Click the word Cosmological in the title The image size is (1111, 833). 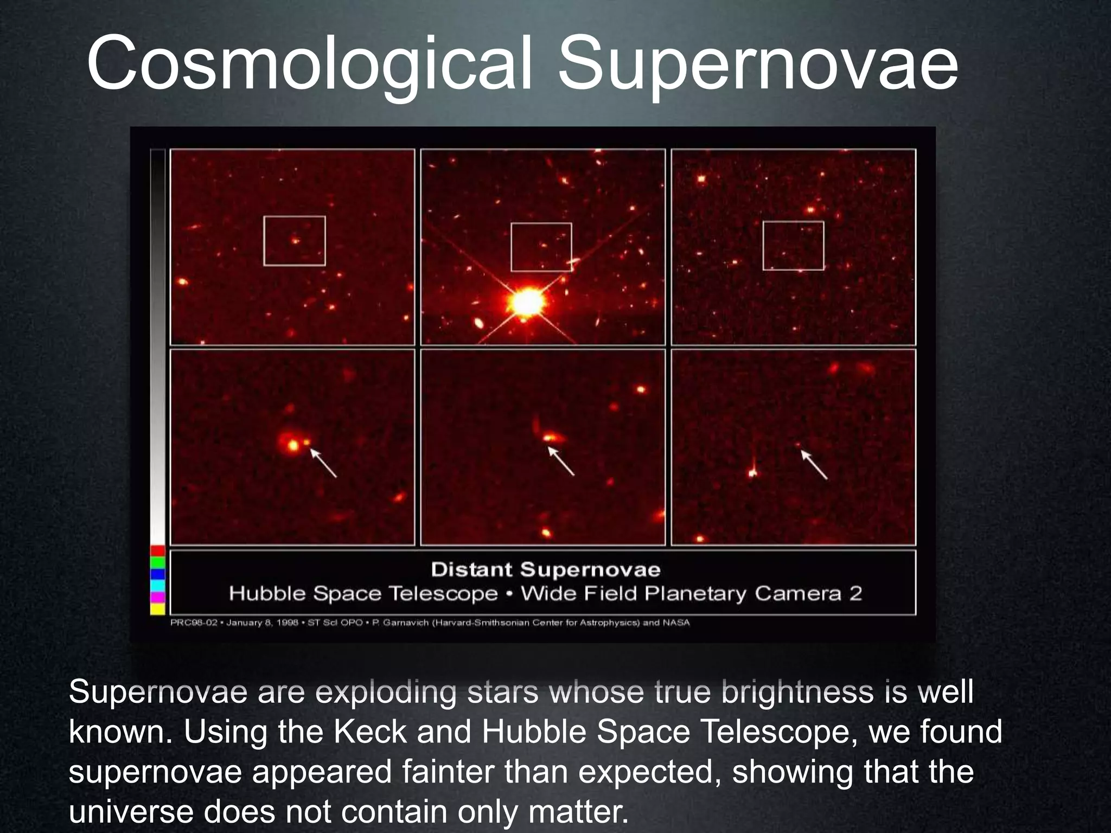click(309, 64)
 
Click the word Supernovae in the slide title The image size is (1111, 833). click(758, 64)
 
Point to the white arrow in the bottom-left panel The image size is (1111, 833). click(324, 464)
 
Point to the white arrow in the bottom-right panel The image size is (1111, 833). click(815, 465)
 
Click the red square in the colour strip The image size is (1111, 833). click(157, 551)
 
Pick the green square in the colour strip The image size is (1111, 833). click(157, 562)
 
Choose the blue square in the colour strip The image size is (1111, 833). click(157, 574)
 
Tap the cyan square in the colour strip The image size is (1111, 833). click(157, 586)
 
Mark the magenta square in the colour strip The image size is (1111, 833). click(157, 597)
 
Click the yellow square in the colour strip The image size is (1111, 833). click(157, 609)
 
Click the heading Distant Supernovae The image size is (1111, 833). click(545, 570)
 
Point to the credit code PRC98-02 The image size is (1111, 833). click(194, 623)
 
